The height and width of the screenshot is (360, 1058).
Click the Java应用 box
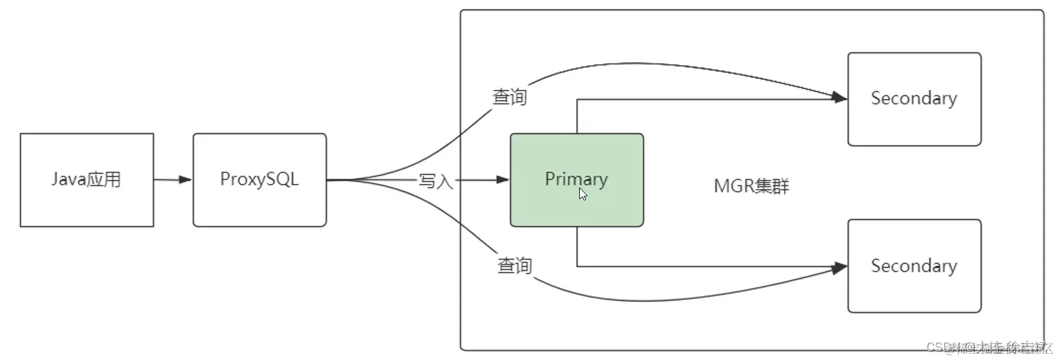pos(87,179)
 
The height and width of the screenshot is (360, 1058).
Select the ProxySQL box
pos(259,179)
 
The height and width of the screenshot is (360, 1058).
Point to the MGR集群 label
pos(751,187)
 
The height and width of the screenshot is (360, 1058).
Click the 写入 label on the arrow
pos(436,181)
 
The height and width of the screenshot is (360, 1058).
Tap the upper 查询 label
pos(510,97)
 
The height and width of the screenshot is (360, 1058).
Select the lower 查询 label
pos(514,265)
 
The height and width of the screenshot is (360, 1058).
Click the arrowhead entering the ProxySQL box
pos(186,180)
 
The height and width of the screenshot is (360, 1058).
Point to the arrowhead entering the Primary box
pos(503,180)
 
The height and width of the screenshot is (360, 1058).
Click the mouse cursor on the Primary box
pos(583,194)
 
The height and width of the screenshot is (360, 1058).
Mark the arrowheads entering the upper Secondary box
pos(840,99)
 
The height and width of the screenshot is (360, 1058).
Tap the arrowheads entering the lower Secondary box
pos(840,267)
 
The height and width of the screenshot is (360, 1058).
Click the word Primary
pos(576,179)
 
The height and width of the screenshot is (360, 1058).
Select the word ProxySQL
pos(259,179)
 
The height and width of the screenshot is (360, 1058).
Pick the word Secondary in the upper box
pos(914,98)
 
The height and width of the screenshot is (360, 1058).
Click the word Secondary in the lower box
pos(914,265)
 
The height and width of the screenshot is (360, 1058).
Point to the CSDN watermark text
pos(989,347)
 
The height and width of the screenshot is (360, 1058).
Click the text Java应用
pos(87,179)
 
